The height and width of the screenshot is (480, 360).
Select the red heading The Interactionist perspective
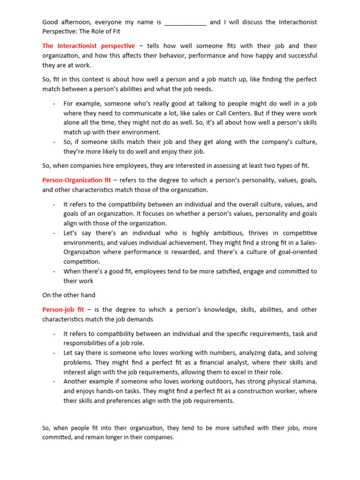[89, 46]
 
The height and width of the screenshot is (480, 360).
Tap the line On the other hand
[69, 295]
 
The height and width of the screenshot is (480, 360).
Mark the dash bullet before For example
[55, 104]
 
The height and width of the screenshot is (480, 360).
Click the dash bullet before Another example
[55, 382]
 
